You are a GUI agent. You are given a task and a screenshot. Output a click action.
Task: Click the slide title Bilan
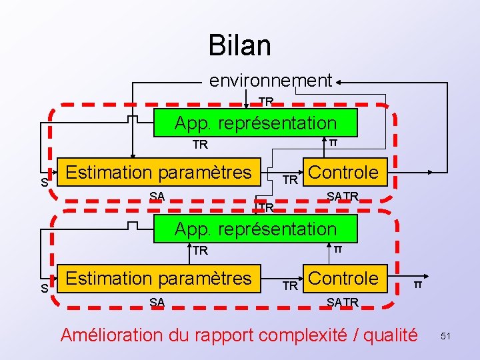point(239,45)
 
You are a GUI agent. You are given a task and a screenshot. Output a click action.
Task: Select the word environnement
point(270,81)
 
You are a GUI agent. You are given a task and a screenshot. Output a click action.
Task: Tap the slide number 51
point(445,337)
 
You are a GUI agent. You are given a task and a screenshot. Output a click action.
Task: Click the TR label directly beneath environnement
point(266,101)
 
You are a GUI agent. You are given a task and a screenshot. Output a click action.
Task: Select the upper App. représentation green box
point(255,123)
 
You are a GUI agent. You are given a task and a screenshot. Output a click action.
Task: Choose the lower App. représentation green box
point(255,229)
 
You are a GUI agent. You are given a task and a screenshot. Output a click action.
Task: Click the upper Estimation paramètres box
point(159,172)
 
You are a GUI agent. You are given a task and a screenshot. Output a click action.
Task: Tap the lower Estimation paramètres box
point(159,277)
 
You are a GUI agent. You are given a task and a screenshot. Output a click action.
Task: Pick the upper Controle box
point(344,172)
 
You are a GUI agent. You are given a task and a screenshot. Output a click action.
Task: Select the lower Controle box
point(344,277)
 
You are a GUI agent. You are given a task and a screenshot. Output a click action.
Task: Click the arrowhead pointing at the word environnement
point(339,81)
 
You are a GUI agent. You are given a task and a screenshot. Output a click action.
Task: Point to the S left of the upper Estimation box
point(44,183)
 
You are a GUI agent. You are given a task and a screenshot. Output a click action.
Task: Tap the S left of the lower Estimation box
point(44,289)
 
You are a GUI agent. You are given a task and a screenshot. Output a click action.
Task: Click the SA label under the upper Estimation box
point(157,195)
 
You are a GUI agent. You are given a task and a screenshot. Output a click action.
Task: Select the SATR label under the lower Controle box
point(343,302)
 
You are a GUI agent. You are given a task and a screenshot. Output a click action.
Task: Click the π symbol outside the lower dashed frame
point(418,285)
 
